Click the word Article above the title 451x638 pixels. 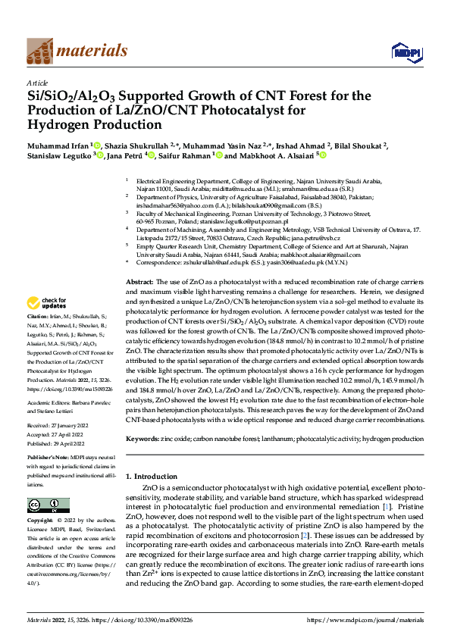pyautogui.click(x=37, y=83)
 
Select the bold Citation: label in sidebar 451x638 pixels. pyautogui.click(x=38, y=336)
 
